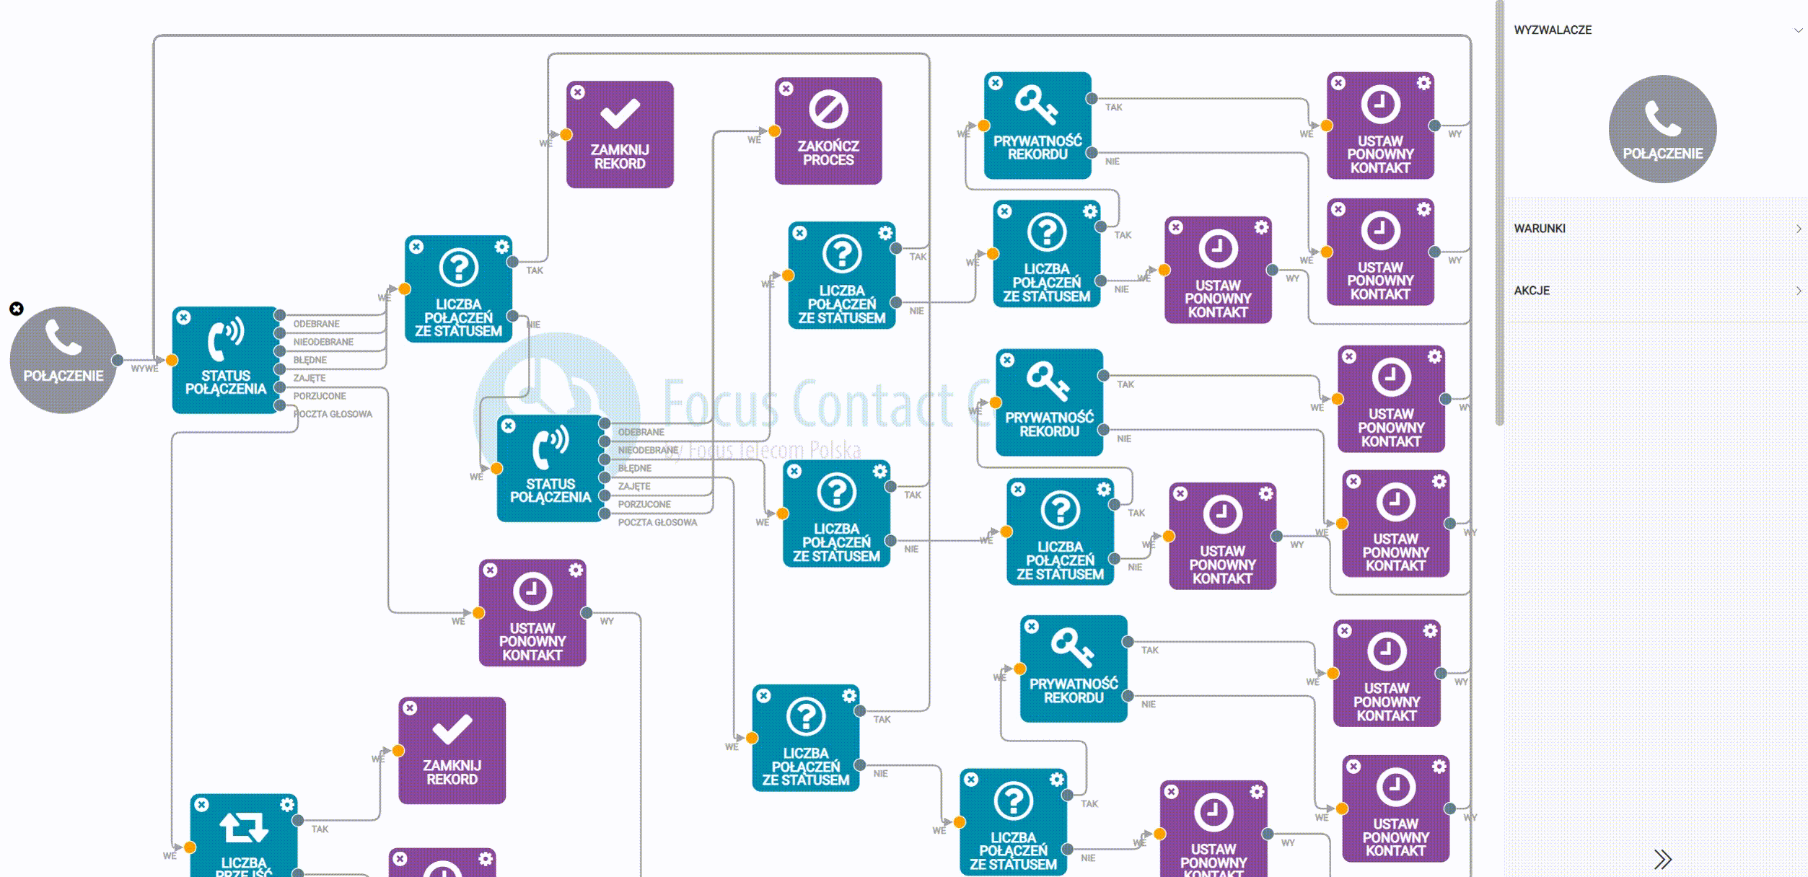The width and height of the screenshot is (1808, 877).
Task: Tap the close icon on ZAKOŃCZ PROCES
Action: (x=786, y=89)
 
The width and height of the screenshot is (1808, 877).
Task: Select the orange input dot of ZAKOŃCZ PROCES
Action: (x=774, y=131)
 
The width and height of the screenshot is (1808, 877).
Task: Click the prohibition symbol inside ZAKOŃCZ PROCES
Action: (x=828, y=110)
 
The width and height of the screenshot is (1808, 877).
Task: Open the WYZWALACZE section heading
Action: (x=1553, y=30)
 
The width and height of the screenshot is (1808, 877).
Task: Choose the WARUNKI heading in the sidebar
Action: (x=1540, y=229)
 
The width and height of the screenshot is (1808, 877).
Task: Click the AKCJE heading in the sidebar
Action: (x=1532, y=291)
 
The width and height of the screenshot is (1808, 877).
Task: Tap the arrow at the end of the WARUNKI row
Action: (x=1798, y=229)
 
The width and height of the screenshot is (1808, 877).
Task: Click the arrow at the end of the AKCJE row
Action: (x=1798, y=291)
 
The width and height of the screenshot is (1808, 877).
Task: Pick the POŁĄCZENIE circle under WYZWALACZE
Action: (x=1662, y=129)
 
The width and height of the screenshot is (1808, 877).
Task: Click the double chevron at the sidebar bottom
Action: (x=1662, y=859)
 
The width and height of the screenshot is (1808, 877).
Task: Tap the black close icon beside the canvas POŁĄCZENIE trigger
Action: (x=17, y=309)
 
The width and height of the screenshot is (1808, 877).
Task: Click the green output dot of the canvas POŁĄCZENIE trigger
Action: (x=117, y=360)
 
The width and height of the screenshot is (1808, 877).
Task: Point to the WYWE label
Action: (x=144, y=369)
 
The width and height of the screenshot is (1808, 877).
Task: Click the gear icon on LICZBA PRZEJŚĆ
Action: (x=287, y=804)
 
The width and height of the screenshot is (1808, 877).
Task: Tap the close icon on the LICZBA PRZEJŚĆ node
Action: (x=202, y=804)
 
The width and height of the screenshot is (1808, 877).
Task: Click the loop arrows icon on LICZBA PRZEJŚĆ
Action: (x=244, y=827)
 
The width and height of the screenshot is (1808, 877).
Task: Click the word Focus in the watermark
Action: (x=720, y=404)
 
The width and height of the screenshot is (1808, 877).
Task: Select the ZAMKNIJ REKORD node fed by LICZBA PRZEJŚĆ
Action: (x=452, y=750)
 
